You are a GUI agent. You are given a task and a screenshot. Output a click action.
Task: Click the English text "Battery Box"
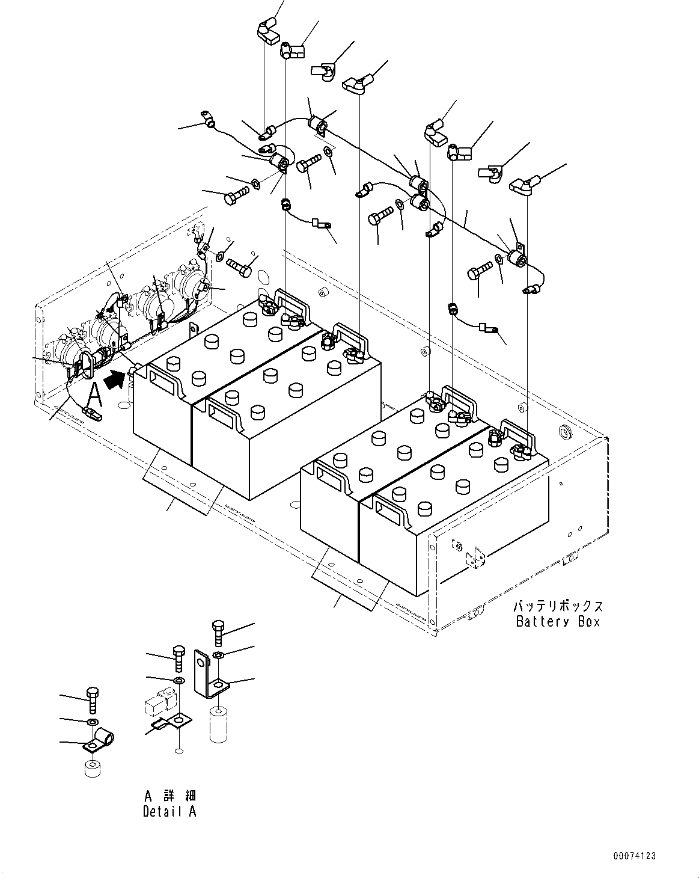click(x=558, y=622)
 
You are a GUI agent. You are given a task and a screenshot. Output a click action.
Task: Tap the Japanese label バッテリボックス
click(x=558, y=606)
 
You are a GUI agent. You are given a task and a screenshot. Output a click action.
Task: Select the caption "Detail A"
click(x=169, y=811)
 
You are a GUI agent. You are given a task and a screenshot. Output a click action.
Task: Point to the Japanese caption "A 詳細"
click(x=169, y=796)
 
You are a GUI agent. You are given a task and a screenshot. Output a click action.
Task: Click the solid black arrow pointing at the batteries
click(x=116, y=379)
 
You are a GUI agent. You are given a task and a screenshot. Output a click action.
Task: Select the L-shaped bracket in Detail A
click(x=207, y=674)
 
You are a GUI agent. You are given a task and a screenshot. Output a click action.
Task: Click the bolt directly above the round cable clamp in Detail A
click(x=92, y=699)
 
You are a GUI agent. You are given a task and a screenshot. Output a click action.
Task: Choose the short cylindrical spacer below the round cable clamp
click(x=93, y=769)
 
